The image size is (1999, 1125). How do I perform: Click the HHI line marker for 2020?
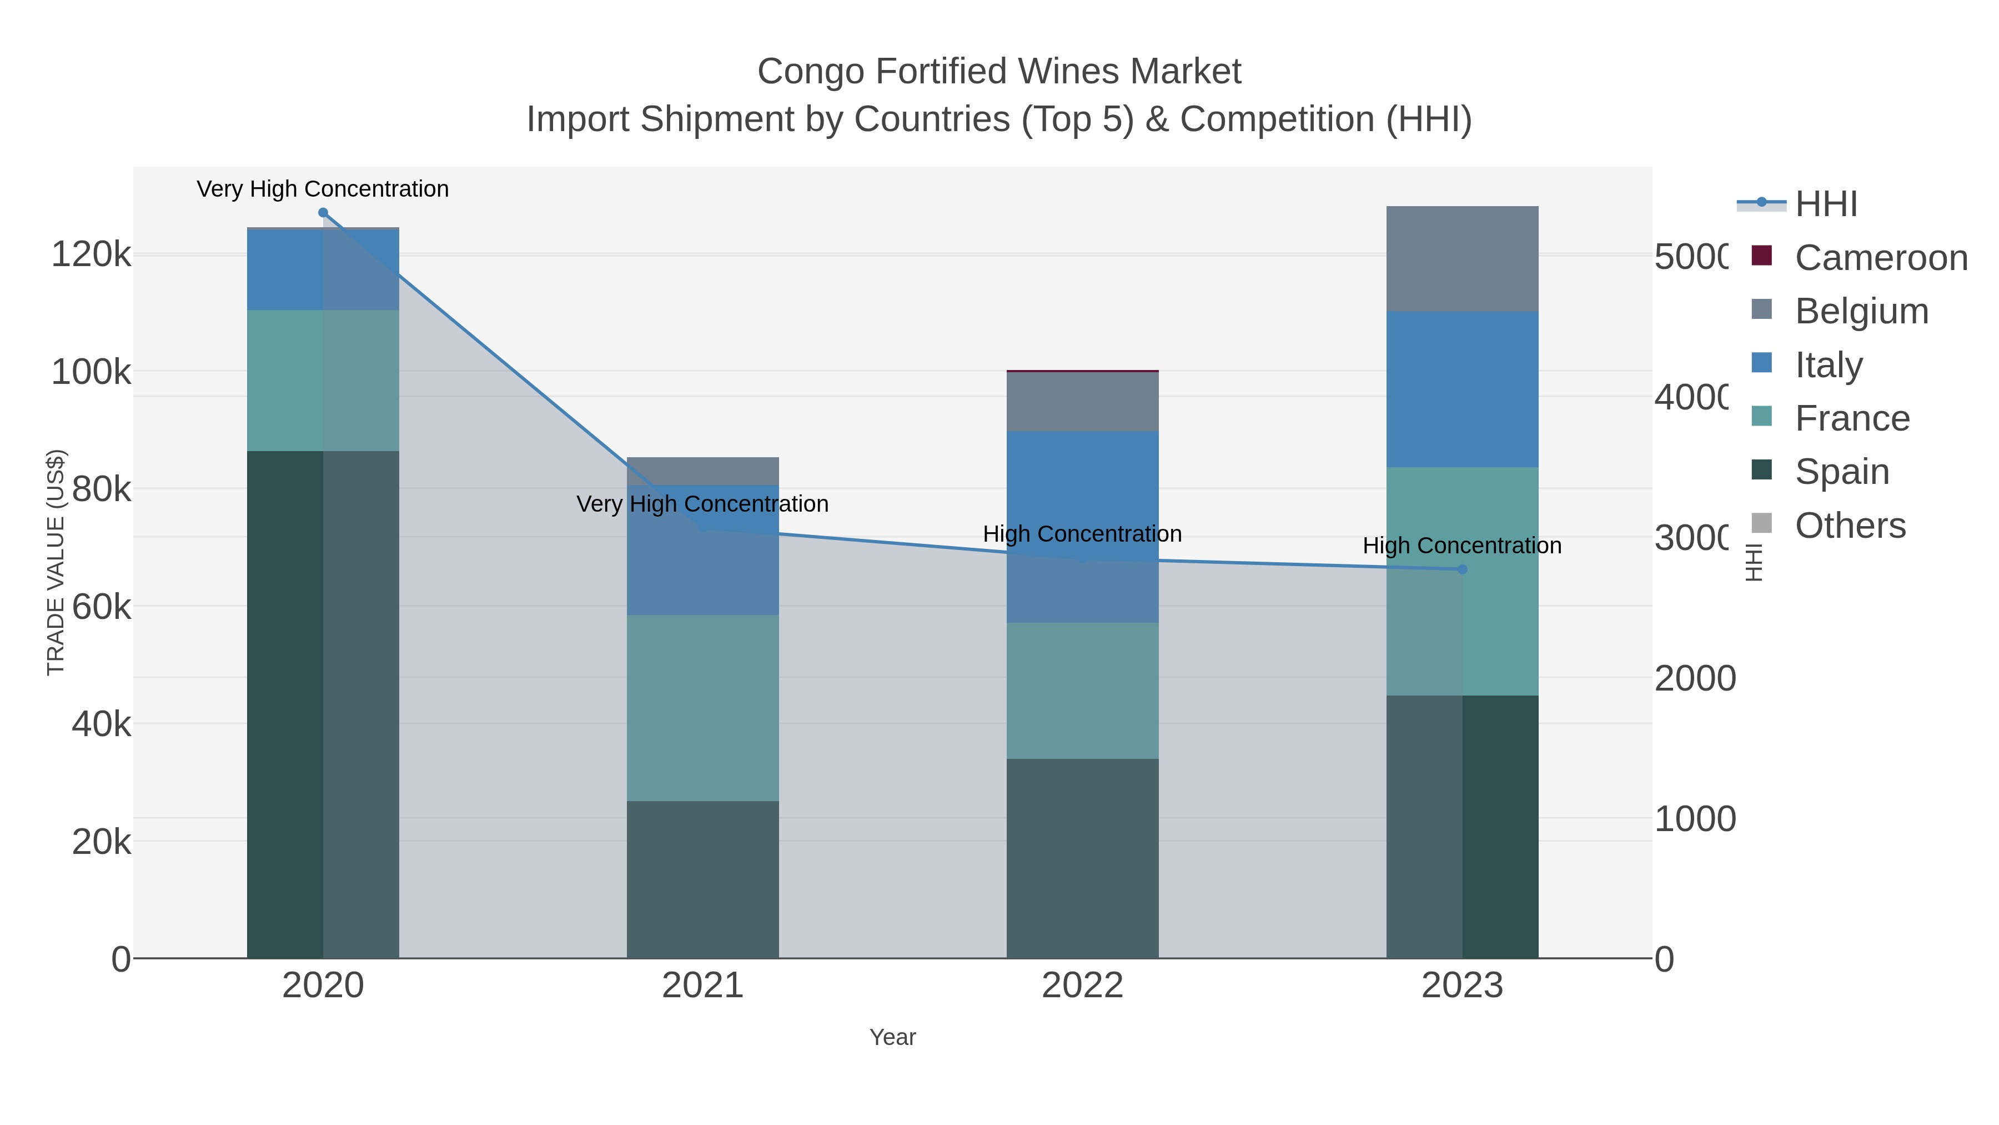pos(323,213)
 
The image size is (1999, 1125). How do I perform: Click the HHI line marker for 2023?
pos(1462,569)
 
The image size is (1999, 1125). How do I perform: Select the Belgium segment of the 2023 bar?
pos(1462,258)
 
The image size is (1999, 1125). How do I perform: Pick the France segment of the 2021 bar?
pos(702,708)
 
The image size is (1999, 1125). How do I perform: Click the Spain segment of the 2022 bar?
pos(1082,858)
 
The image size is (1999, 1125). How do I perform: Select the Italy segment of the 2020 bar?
pos(323,270)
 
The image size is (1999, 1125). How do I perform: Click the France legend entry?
pos(1851,418)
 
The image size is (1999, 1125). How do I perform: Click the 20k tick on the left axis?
pos(101,842)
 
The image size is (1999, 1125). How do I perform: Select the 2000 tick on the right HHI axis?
pos(1694,678)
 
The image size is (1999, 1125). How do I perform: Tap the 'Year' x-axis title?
pos(892,1037)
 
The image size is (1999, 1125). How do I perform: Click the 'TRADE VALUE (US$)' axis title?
pos(56,562)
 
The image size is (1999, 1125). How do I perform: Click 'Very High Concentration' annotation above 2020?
pos(323,189)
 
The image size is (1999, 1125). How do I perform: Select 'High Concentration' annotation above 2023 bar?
pos(1462,546)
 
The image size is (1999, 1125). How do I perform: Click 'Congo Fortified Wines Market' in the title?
pos(999,72)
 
